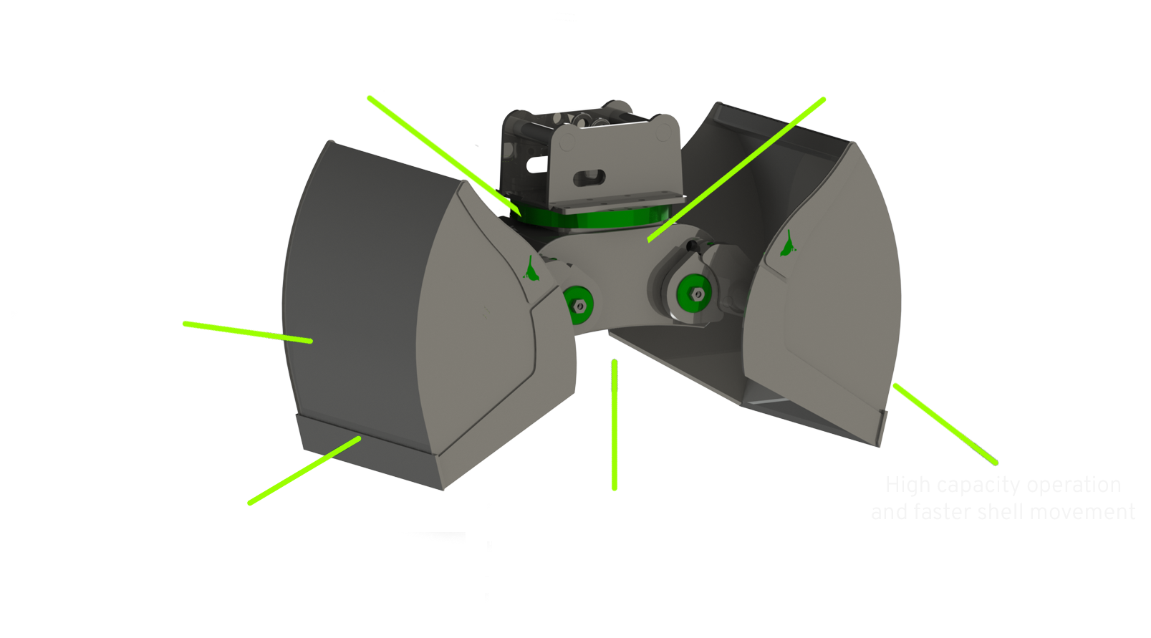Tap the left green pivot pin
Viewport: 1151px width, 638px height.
click(577, 304)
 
